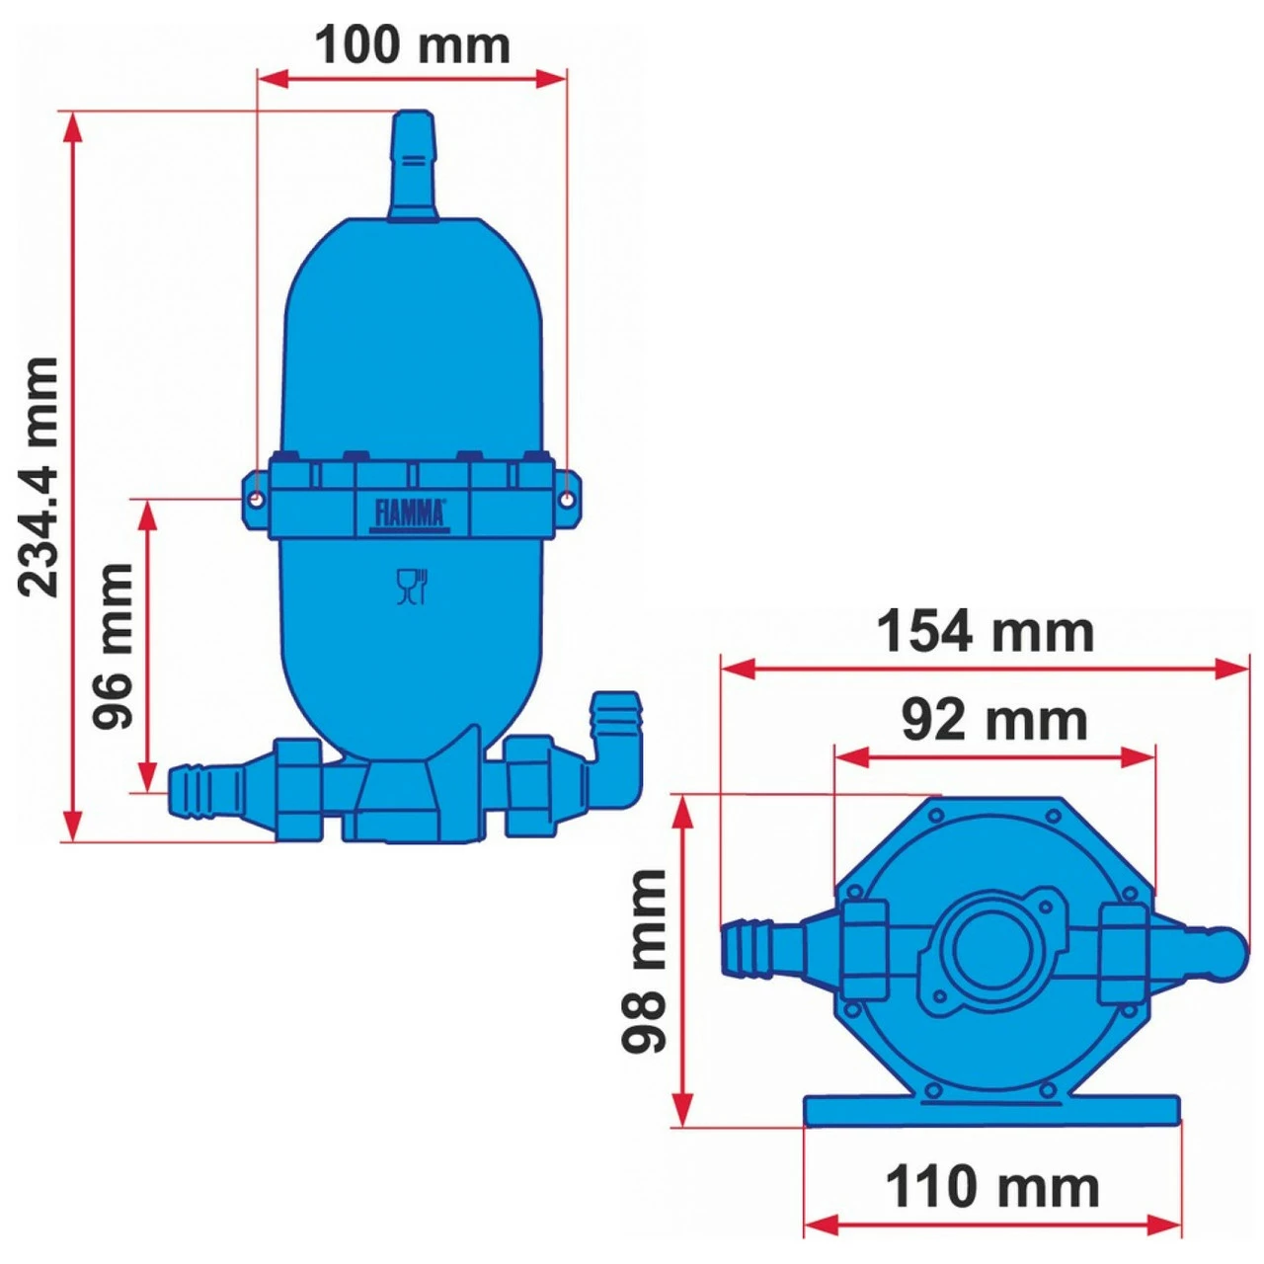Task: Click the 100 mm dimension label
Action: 412,45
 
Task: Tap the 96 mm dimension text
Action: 114,646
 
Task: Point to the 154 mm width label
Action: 986,632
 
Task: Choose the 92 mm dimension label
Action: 993,720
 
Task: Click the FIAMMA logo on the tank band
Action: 410,513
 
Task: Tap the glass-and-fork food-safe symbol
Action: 411,587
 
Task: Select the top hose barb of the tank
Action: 413,163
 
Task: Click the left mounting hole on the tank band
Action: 256,501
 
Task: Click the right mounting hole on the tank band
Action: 567,501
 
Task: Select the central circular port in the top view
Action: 991,950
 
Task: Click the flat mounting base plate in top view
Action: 991,1110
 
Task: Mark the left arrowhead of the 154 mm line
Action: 731,669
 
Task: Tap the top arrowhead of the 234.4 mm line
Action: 72,122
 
